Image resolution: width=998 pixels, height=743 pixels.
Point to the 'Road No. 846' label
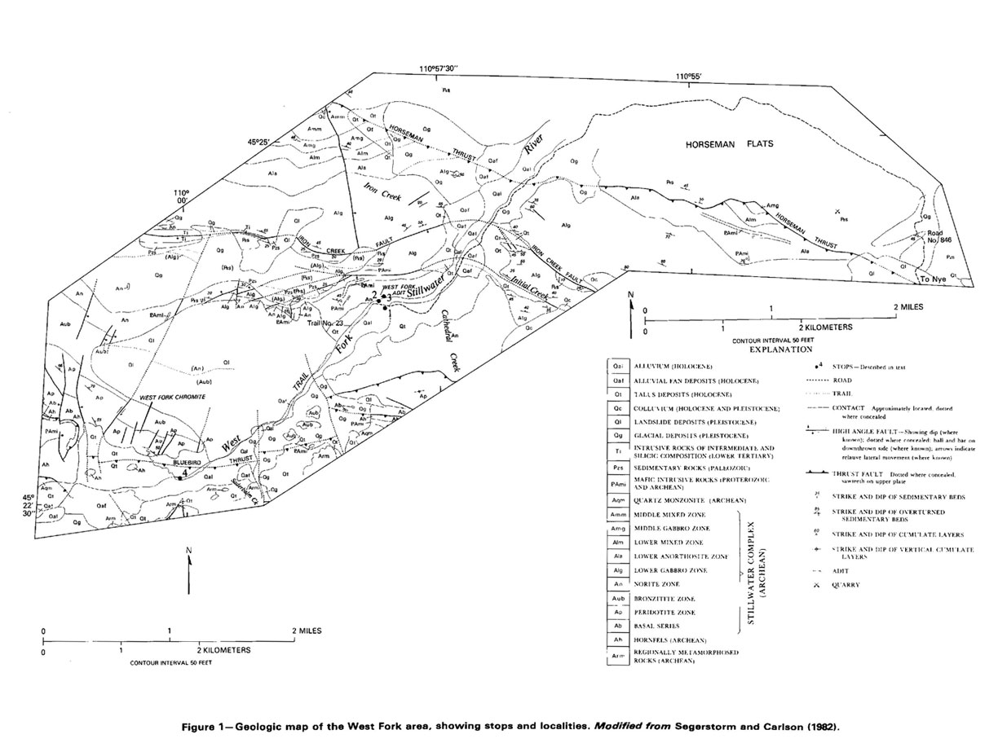[x=933, y=237]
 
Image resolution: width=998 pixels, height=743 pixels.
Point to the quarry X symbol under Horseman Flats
[x=838, y=211]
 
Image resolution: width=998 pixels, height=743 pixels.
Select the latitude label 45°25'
[x=258, y=141]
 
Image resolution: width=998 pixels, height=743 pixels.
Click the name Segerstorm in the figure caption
[x=704, y=723]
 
